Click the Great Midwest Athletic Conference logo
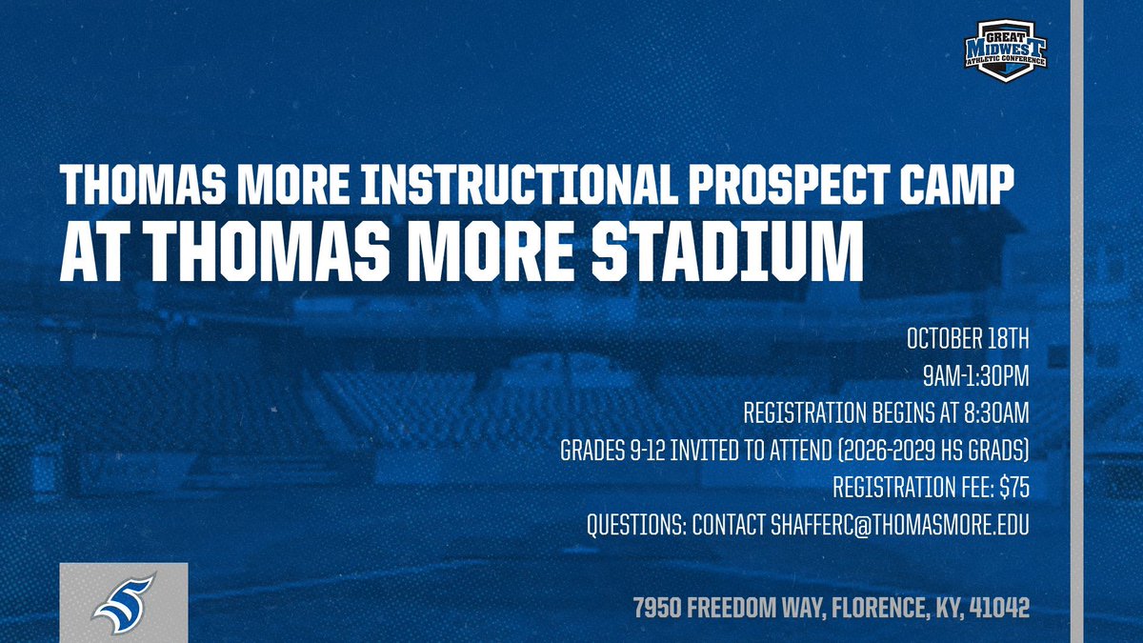click(1005, 50)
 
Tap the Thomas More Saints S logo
click(124, 604)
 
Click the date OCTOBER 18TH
click(968, 339)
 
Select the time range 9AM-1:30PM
click(975, 376)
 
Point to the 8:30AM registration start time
click(996, 413)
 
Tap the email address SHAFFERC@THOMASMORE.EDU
click(899, 525)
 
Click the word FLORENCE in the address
click(877, 609)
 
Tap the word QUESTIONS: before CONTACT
click(636, 525)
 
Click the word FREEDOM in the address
click(732, 608)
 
